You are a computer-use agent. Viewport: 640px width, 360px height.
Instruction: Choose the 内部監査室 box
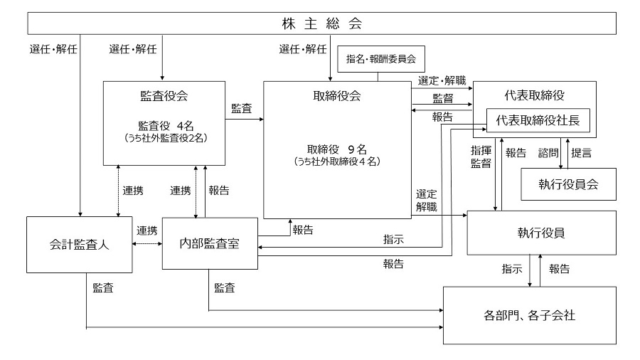coord(209,243)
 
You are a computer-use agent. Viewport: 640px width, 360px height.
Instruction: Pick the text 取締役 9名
coord(336,149)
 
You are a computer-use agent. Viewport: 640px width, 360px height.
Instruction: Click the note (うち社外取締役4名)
coord(336,162)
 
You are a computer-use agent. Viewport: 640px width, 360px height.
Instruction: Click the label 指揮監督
coord(481,157)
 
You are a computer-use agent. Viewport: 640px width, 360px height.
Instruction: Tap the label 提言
coord(582,152)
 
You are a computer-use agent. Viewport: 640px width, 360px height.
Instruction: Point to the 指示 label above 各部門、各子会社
coord(513,270)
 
